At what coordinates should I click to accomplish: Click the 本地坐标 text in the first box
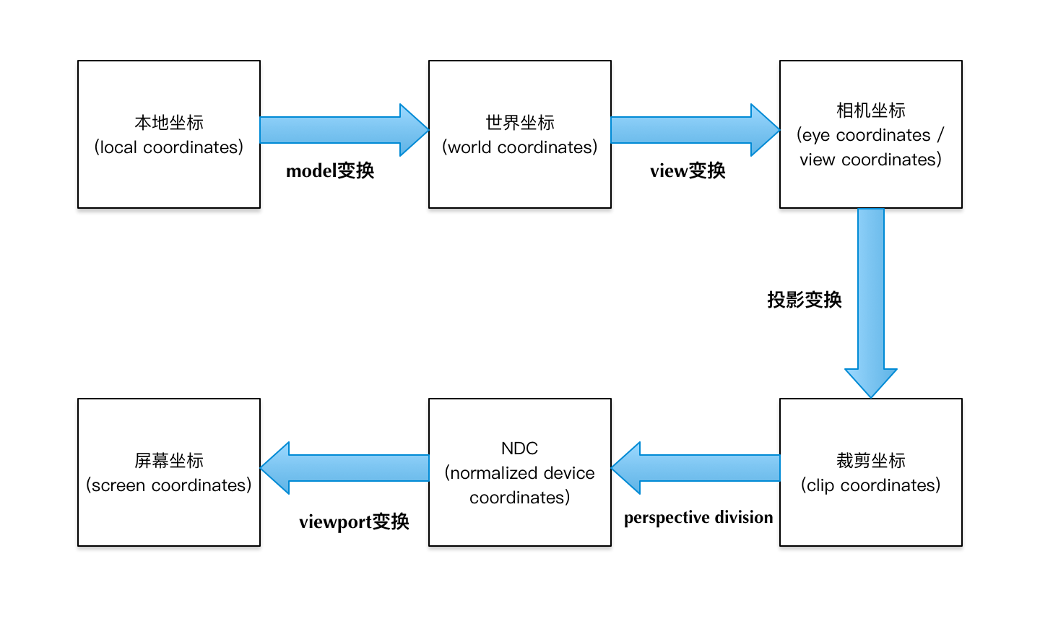(169, 123)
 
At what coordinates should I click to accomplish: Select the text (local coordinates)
(169, 147)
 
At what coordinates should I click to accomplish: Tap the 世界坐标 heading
(520, 123)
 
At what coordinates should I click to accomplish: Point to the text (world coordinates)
(520, 147)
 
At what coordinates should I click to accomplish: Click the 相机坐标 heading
(871, 110)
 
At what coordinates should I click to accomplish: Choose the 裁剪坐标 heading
(871, 461)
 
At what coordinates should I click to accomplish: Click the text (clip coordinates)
(871, 485)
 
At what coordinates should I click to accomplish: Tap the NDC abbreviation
(520, 448)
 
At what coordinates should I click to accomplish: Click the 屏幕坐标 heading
(169, 461)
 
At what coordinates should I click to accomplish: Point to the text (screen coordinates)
(169, 485)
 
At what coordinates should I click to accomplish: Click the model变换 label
(330, 171)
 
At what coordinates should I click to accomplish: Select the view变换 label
(688, 171)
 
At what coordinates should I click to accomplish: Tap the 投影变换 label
(805, 300)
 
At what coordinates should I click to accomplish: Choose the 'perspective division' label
(698, 517)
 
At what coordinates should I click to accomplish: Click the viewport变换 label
(354, 521)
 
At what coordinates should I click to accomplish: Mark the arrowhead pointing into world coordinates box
(414, 130)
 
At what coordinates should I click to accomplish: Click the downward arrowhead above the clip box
(871, 383)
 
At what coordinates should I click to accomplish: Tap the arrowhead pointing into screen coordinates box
(275, 468)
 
